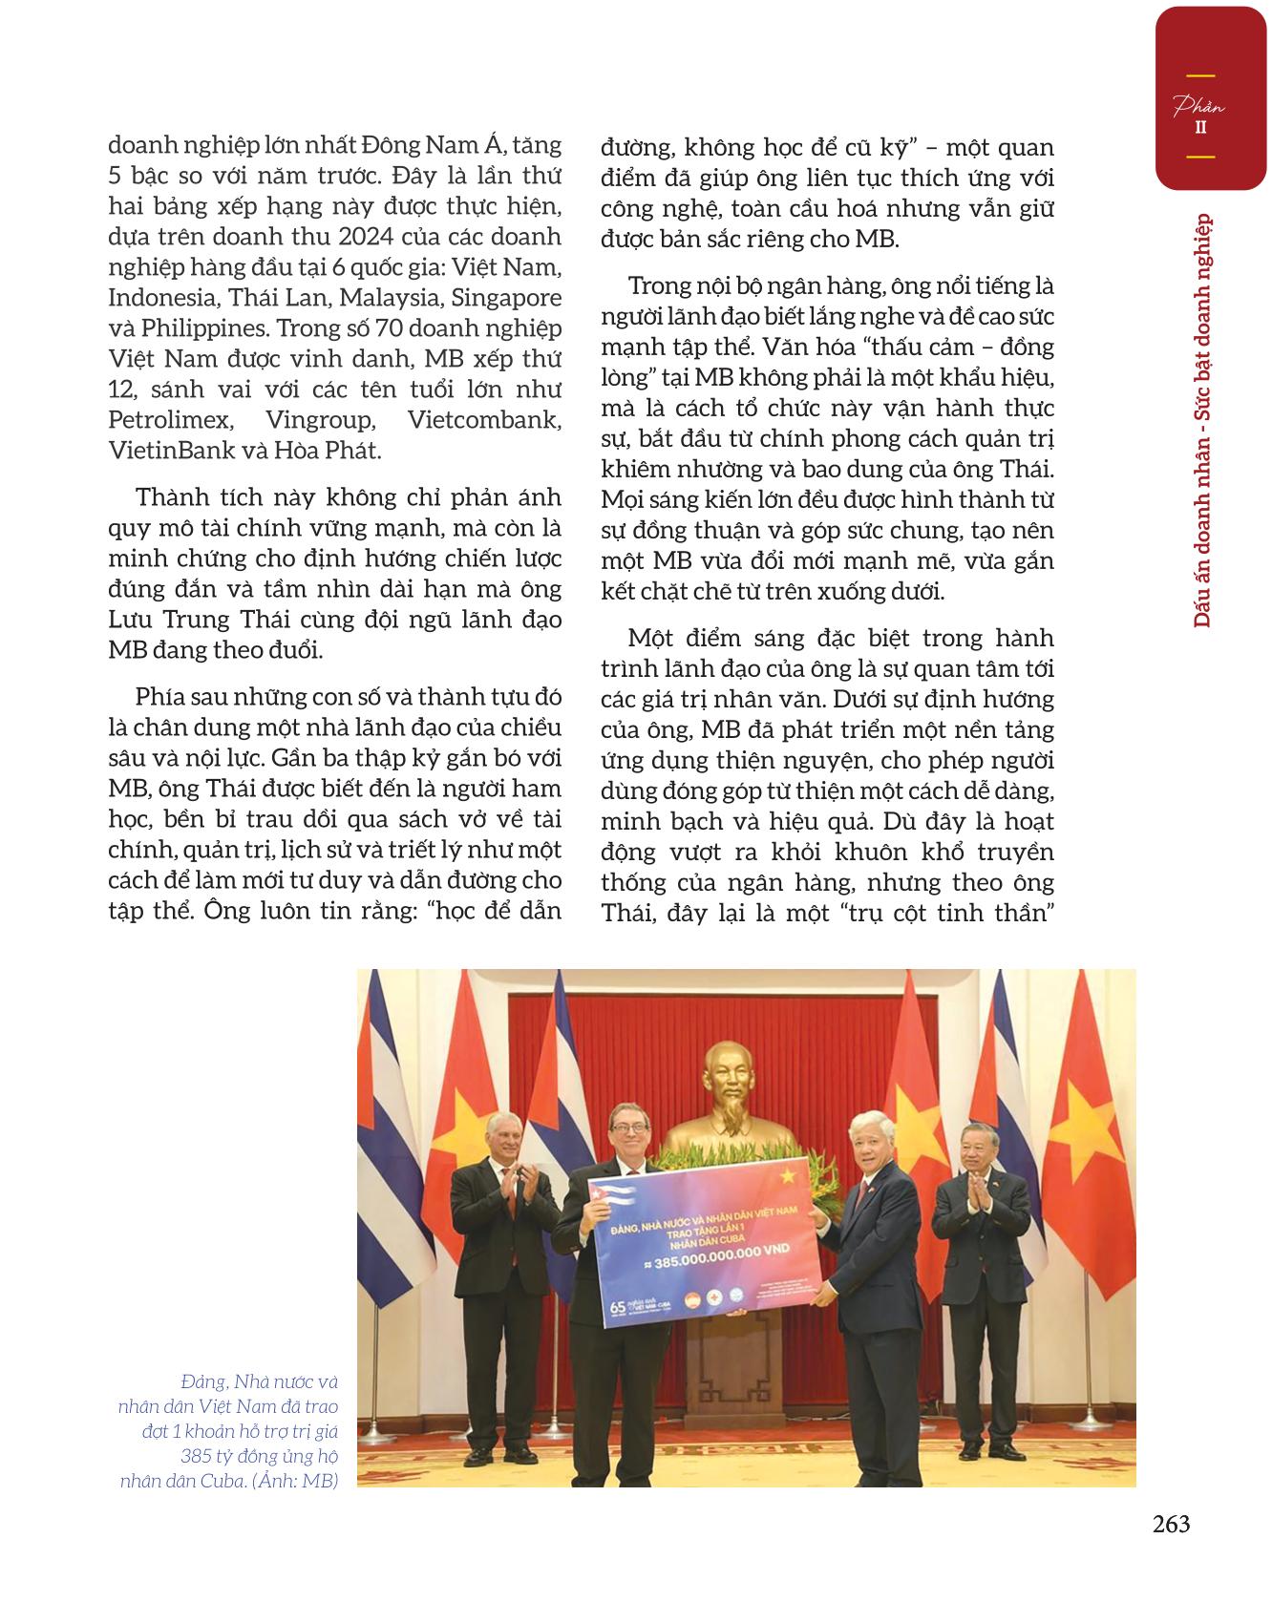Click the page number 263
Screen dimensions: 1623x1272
coord(1171,1525)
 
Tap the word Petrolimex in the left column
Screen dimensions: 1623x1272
coord(163,420)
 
